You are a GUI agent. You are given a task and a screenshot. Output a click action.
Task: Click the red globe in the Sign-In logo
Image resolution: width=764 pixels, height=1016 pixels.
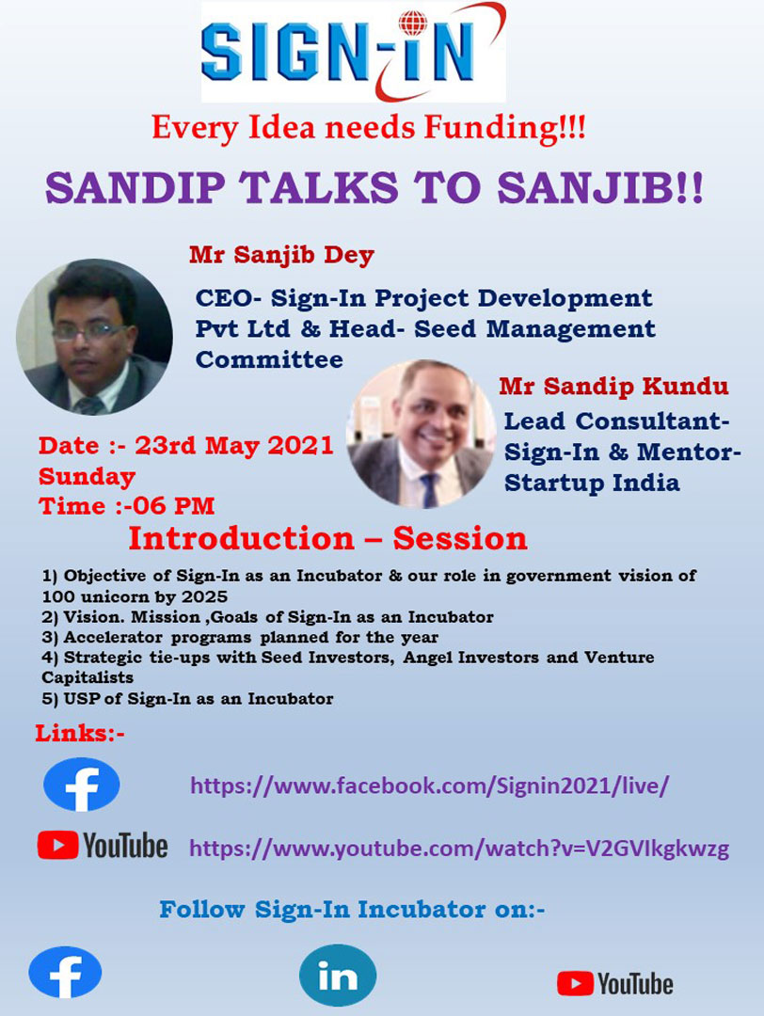(413, 23)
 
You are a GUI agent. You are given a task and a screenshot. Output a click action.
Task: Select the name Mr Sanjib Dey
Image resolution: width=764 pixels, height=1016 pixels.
(281, 255)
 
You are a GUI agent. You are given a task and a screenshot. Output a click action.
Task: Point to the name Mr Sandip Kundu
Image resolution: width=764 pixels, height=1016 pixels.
(613, 387)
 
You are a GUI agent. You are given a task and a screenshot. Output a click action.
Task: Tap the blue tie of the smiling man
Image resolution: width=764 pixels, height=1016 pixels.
(428, 490)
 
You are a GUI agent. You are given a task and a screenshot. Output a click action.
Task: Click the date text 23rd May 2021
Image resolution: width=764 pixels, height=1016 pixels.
(234, 446)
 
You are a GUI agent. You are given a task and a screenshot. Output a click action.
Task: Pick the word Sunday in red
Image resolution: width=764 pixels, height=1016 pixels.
(87, 477)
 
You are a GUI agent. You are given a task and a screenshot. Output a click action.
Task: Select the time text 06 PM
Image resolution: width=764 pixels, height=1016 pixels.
(174, 506)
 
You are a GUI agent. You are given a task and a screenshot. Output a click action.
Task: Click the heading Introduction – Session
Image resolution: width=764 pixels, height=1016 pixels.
(327, 538)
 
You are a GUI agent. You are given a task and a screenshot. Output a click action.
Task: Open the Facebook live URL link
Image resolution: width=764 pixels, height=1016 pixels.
(429, 786)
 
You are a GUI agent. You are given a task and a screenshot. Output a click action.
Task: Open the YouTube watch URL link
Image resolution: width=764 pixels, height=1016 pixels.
(459, 849)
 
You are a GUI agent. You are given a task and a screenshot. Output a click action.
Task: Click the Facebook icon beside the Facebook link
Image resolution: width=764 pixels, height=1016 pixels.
(82, 785)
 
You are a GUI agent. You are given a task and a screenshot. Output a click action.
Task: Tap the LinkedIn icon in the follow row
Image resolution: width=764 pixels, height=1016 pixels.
(338, 976)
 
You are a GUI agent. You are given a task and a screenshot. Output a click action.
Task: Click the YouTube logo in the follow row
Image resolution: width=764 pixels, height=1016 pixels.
(615, 984)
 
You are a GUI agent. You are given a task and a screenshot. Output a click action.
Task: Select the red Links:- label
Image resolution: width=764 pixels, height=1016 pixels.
(80, 734)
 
